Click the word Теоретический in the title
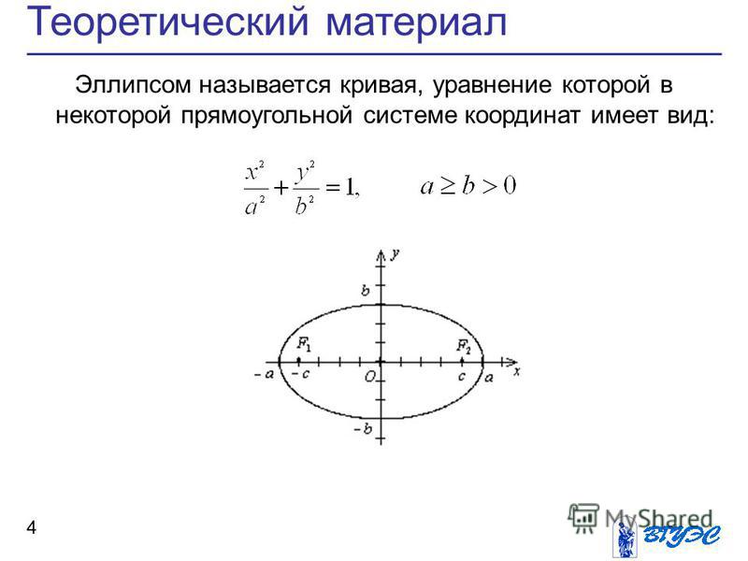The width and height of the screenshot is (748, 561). (168, 22)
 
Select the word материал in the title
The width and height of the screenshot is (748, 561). (416, 22)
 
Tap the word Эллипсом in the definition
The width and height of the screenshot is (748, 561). (133, 86)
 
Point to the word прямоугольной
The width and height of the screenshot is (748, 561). (266, 116)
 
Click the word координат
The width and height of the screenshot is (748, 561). (523, 116)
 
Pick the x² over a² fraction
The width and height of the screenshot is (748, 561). (255, 189)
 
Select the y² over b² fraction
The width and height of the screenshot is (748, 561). (306, 189)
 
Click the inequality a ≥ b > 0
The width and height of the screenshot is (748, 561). (468, 185)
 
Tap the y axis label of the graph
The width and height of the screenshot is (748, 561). (395, 254)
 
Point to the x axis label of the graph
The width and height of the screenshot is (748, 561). (517, 371)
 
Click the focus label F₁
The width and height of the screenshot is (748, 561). (304, 344)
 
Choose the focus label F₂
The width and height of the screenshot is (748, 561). (464, 345)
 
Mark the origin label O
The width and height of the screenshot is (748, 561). (370, 377)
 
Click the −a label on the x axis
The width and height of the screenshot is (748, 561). (265, 375)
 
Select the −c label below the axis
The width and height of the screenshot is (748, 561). (300, 374)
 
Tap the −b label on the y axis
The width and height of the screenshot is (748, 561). (363, 429)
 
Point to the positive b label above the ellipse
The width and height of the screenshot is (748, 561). (366, 290)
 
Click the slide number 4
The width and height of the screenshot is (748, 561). (32, 527)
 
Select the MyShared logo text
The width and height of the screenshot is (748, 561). (659, 518)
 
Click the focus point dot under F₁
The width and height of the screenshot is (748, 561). (298, 361)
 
